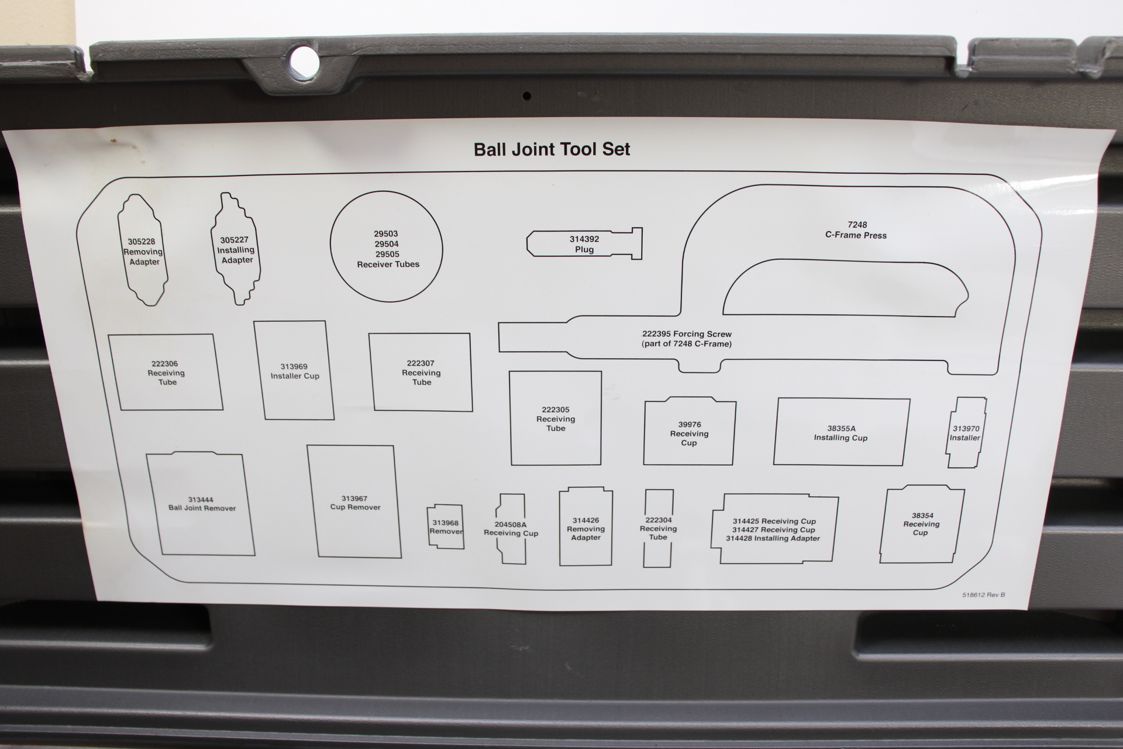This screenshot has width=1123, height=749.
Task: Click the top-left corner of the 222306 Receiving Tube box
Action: [x=109, y=335]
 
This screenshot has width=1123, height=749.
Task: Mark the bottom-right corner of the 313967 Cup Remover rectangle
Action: [x=401, y=558]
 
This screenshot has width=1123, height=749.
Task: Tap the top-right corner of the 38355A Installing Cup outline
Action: [x=910, y=400]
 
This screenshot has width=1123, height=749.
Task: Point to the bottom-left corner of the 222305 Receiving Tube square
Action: [x=512, y=465]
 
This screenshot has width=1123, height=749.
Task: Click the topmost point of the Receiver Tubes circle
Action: [x=386, y=191]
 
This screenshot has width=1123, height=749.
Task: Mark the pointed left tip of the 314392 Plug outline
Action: [x=527, y=243]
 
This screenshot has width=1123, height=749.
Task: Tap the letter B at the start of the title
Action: [x=480, y=150]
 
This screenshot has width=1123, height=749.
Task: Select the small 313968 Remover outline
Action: [x=446, y=527]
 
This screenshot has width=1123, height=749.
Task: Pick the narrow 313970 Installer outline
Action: [x=966, y=433]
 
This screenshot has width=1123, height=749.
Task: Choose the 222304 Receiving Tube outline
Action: [x=659, y=528]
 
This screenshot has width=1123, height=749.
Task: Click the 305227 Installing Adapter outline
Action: [x=236, y=249]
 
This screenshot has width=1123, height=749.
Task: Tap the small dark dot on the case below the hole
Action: [x=526, y=96]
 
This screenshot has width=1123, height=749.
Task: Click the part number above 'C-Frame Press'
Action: [x=857, y=225]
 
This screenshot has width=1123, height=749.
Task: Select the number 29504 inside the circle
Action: [x=387, y=244]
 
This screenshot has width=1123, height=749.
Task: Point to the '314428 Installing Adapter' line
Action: [x=773, y=538]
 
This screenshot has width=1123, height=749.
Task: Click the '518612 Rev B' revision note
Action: [x=983, y=595]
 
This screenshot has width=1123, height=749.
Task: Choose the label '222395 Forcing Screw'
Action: [x=687, y=334]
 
